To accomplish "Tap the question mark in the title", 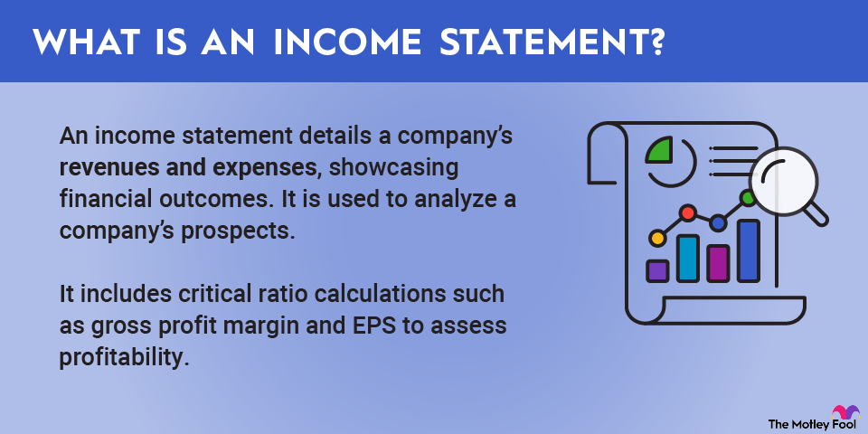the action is coord(656,41).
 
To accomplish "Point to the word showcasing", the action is coord(393,168).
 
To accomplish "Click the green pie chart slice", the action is coord(660,152).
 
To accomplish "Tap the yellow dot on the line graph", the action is coord(657,239).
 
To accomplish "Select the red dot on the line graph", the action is coord(687,212).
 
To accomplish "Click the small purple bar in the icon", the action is coord(657,270).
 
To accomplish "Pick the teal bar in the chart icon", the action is coord(687,258).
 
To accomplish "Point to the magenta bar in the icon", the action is coord(718,263).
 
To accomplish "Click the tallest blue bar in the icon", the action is coord(749,250).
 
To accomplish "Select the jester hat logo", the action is coord(844,413).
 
